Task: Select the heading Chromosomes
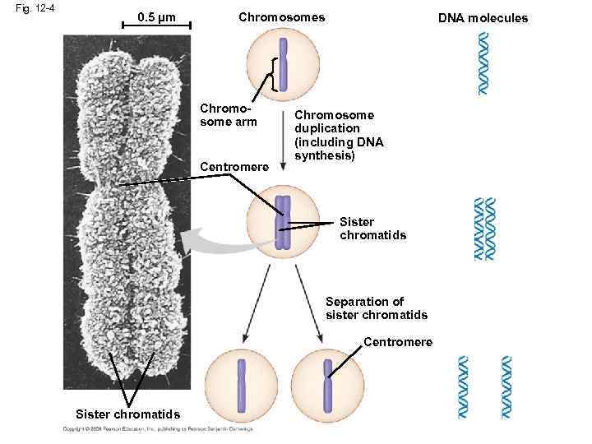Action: (281, 17)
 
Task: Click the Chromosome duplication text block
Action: (339, 135)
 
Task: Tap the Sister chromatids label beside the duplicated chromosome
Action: (372, 229)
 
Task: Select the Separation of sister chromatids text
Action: (376, 308)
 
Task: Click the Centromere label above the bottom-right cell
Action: (397, 341)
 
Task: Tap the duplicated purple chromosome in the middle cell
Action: (283, 222)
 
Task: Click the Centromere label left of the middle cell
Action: (234, 168)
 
